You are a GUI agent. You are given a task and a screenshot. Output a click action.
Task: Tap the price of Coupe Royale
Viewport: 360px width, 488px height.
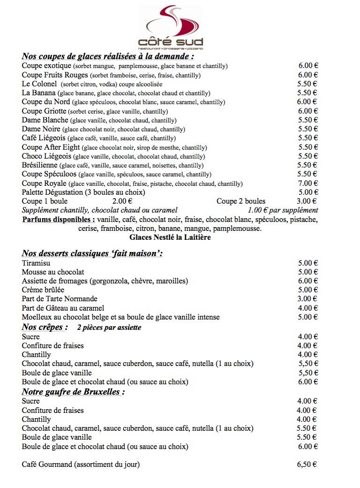click(x=308, y=183)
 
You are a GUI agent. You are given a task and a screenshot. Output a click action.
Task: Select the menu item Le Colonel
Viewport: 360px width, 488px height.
click(x=39, y=84)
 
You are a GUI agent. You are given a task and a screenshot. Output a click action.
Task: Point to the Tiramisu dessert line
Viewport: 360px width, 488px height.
click(x=36, y=263)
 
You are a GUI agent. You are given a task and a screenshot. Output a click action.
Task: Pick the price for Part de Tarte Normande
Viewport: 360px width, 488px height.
click(x=308, y=299)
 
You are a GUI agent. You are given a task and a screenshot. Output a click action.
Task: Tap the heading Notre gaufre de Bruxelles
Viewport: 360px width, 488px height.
click(x=73, y=392)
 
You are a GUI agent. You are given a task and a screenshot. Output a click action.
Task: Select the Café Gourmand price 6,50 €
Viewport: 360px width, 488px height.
click(x=307, y=465)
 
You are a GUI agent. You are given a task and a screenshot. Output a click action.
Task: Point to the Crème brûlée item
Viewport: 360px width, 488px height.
click(x=43, y=290)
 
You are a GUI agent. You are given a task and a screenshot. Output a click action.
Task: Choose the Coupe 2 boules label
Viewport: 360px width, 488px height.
click(x=240, y=201)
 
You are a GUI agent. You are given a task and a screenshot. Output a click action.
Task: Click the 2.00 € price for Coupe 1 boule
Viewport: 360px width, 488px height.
click(x=122, y=201)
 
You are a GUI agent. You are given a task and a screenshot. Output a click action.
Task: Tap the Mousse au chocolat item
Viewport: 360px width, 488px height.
click(x=53, y=272)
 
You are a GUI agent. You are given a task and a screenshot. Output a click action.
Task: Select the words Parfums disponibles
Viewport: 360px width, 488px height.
click(x=59, y=219)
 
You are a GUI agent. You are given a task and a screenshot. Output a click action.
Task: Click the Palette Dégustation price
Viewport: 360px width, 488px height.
click(x=308, y=192)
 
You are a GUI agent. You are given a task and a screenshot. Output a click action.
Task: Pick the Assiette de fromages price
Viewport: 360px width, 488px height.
click(x=308, y=281)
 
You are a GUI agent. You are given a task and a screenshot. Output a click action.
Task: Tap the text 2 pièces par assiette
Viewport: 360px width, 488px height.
click(x=109, y=328)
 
